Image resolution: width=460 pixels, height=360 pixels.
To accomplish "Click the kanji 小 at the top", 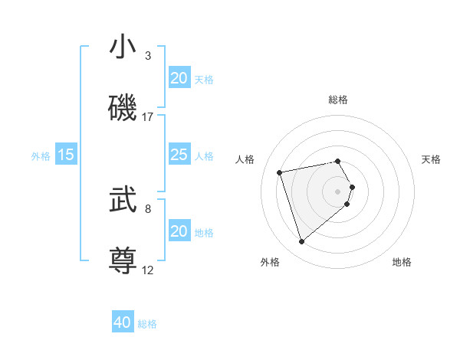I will (x=123, y=47).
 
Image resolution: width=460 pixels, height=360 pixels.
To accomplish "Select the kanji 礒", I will (x=123, y=108).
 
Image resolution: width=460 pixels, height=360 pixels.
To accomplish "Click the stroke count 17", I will (x=148, y=116).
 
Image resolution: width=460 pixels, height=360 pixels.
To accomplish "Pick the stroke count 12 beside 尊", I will (x=148, y=270).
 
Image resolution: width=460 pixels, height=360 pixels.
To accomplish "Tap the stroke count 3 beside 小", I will (x=148, y=55).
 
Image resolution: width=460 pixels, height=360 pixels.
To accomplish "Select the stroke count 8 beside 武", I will (x=148, y=208).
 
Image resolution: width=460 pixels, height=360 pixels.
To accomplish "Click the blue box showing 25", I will (x=179, y=155).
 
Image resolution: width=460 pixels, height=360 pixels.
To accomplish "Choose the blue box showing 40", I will (x=123, y=322).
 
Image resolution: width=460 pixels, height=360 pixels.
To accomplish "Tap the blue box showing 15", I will (x=66, y=155).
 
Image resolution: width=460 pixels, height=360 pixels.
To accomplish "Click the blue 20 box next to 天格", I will (x=179, y=78).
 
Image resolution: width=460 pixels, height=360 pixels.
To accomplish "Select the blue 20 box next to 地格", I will (x=179, y=231).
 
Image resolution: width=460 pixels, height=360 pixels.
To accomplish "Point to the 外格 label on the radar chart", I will (x=270, y=262).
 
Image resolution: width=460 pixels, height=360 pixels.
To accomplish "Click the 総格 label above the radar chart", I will (x=338, y=100).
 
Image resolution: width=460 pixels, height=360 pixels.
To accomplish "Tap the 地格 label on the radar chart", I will (x=402, y=262).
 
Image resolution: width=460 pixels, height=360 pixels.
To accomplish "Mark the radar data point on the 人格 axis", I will (x=280, y=172).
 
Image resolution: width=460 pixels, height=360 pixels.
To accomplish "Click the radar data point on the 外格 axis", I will (x=302, y=242).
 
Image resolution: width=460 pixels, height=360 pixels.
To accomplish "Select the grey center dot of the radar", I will (x=338, y=191).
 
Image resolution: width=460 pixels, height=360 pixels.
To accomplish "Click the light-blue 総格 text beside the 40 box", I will (x=147, y=324).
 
